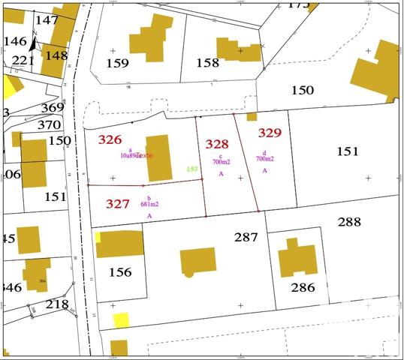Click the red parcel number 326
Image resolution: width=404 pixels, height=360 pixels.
click(x=110, y=139)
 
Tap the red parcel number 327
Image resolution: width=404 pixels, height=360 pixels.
click(x=118, y=203)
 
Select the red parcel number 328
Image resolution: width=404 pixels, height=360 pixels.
click(x=217, y=144)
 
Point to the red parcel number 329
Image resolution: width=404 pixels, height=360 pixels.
click(x=270, y=133)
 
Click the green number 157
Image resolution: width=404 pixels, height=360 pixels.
click(x=192, y=169)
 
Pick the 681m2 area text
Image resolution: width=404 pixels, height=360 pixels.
click(x=149, y=204)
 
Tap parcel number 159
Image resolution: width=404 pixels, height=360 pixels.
click(x=118, y=63)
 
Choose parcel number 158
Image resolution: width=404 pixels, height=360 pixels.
click(x=207, y=63)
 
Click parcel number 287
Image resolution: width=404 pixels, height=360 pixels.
click(x=246, y=237)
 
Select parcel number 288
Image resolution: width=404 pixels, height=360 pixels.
click(x=349, y=222)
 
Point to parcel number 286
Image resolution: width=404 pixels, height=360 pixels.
click(x=303, y=287)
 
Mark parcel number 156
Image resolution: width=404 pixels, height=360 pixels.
click(x=120, y=272)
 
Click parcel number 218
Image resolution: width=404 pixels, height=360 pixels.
click(x=57, y=304)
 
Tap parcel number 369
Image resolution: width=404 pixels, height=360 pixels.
click(x=53, y=107)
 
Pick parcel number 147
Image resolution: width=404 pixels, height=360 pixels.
click(x=47, y=19)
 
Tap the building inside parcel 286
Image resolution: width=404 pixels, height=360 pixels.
click(x=297, y=258)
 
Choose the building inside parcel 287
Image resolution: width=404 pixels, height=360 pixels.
click(x=198, y=262)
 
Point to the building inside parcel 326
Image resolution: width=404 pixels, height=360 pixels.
click(x=158, y=157)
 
